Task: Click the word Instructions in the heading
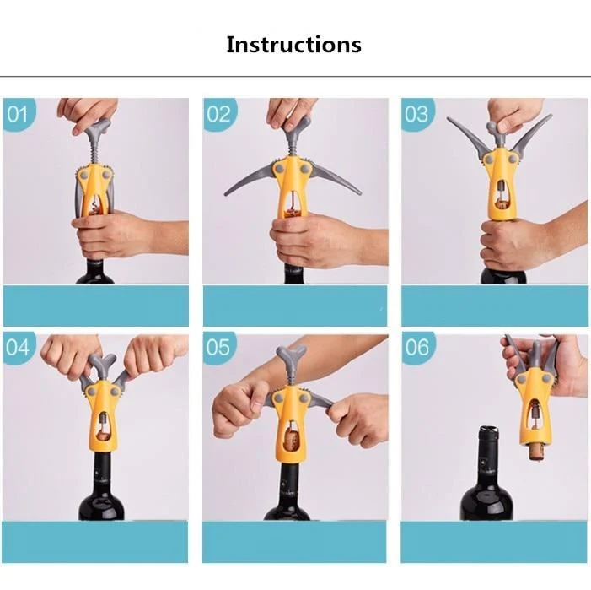coord(293,45)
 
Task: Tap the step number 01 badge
coord(18,114)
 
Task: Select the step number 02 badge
coord(219,114)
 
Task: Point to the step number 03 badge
coord(416,114)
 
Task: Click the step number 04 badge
coord(18,348)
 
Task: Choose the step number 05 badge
coord(218,348)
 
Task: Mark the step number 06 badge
coord(417,348)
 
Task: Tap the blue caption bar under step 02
coord(295,306)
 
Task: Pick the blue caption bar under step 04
coord(95,542)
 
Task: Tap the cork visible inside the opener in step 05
coord(292,441)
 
